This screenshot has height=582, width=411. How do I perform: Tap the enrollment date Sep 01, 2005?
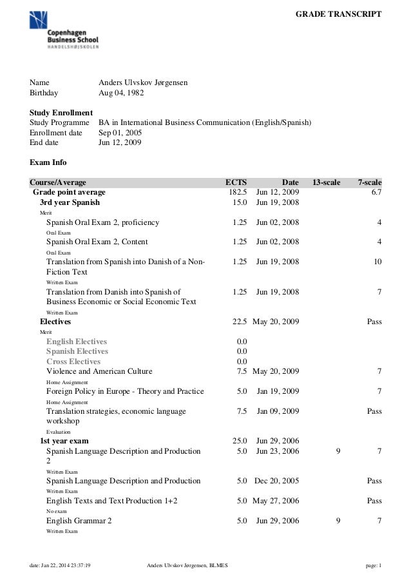(x=120, y=132)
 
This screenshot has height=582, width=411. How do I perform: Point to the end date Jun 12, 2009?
(x=120, y=142)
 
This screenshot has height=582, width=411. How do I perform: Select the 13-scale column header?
(x=326, y=182)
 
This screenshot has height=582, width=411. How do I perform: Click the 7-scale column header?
(x=370, y=182)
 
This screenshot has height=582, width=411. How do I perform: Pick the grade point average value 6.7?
(x=376, y=192)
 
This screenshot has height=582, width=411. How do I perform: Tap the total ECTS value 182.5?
(x=238, y=192)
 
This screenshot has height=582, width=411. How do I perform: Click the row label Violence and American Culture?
(x=99, y=371)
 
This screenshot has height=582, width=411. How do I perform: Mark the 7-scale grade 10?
(x=378, y=262)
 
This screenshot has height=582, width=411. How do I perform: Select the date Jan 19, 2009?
(x=278, y=391)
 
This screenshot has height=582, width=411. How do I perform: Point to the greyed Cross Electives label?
(x=73, y=362)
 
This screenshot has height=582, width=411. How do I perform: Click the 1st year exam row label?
(x=64, y=441)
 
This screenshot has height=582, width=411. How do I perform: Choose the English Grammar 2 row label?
(x=79, y=521)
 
